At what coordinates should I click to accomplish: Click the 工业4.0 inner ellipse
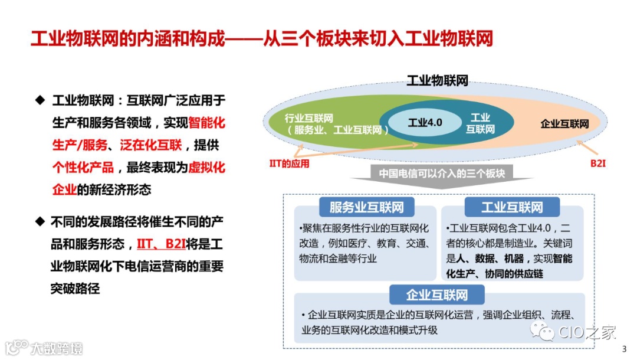[x=425, y=123]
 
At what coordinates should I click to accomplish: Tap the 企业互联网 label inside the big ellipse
[x=564, y=123]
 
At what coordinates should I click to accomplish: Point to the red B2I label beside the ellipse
[x=598, y=162]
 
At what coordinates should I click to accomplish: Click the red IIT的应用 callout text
[x=289, y=163]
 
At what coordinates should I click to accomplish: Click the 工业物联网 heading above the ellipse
[x=437, y=81]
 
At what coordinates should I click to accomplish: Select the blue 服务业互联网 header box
[x=367, y=207]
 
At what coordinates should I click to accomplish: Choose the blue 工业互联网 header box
[x=511, y=207]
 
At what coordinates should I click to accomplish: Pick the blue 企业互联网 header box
[x=436, y=294]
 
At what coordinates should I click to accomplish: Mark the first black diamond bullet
[x=40, y=100]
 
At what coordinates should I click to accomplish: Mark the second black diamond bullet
[x=40, y=221]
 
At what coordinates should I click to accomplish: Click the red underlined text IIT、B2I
[x=160, y=244]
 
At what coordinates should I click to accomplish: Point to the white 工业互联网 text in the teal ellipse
[x=481, y=123]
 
